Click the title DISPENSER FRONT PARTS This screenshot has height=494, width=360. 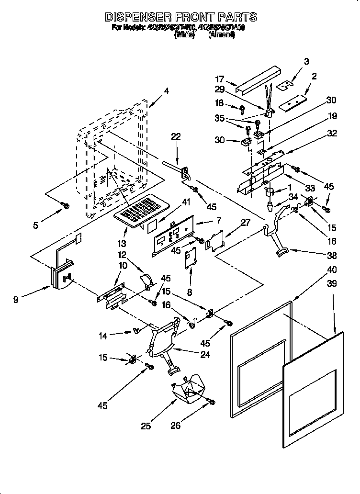[180, 17]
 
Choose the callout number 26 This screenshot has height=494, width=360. [176, 425]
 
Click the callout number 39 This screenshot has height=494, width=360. [331, 284]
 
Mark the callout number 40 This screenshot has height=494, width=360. [331, 269]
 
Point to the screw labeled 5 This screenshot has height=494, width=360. [66, 205]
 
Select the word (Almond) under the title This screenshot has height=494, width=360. [222, 35]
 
